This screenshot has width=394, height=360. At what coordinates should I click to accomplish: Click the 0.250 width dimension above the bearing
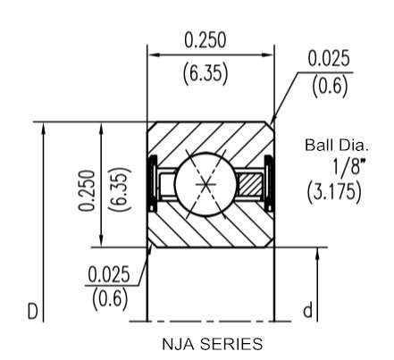205,40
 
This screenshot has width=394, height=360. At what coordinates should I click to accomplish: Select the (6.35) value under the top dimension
205,73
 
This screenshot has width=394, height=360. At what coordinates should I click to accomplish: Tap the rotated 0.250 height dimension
87,190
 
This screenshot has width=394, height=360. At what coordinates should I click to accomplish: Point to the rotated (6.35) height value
121,189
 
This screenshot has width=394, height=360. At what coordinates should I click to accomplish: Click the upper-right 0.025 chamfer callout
329,58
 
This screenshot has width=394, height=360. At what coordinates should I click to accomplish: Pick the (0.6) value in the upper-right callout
330,86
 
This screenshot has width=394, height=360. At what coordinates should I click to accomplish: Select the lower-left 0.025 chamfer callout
109,274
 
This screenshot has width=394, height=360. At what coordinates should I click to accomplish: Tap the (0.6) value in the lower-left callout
110,299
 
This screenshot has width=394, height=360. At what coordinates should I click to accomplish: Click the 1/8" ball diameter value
348,167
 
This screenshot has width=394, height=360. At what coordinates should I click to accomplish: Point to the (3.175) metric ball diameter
334,192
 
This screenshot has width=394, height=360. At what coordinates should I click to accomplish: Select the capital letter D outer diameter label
33,312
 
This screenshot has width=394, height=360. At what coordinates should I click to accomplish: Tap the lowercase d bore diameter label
308,310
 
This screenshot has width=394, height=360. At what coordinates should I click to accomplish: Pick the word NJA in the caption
179,344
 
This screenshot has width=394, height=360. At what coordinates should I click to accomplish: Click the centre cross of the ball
205,185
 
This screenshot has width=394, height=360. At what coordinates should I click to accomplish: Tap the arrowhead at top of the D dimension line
44,128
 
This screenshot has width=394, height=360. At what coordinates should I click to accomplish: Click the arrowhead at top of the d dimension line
317,253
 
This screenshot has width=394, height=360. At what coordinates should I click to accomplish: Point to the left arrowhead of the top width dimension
154,54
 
